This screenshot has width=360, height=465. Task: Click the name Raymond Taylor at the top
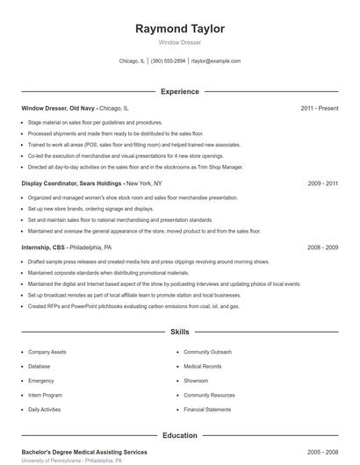tap(179, 29)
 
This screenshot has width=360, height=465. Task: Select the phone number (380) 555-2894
tap(168, 61)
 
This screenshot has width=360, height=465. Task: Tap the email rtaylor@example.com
tap(215, 61)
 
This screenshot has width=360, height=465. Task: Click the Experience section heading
tap(179, 91)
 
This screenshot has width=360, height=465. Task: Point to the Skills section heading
tap(179, 333)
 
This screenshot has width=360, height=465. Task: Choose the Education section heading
tap(179, 435)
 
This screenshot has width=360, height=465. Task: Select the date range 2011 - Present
tap(319, 108)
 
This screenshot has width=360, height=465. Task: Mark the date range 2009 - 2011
tap(322, 183)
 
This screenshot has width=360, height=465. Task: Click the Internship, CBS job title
tap(47, 247)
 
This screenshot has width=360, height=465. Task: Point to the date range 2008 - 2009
tap(322, 247)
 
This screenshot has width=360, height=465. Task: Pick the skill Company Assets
tap(47, 351)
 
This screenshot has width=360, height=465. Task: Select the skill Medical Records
tap(202, 366)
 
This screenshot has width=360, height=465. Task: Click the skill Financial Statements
tap(206, 410)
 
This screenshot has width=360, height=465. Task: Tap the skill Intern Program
tap(44, 395)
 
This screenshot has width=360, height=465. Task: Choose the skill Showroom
tap(196, 381)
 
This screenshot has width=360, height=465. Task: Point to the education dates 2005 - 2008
tap(322, 451)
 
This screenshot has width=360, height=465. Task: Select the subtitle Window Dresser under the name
tap(179, 42)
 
